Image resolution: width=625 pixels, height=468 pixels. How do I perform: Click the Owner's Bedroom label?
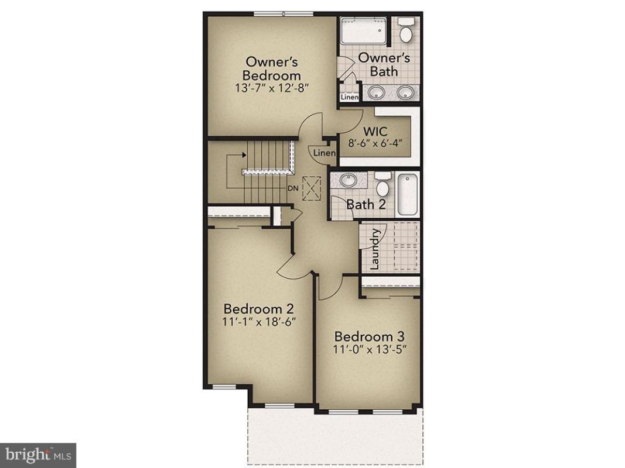pyautogui.click(x=272, y=68)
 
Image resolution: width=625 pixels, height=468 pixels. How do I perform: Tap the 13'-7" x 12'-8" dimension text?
pyautogui.click(x=272, y=88)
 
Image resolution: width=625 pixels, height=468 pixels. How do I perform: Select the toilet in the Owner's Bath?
pyautogui.click(x=406, y=30)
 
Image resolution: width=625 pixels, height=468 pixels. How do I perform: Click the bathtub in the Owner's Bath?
pyautogui.click(x=364, y=30)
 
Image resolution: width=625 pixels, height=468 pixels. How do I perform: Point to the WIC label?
pyautogui.click(x=375, y=131)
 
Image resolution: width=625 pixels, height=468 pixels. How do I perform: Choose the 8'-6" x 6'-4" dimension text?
pyautogui.click(x=375, y=143)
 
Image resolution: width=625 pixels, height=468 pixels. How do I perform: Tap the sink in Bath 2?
pyautogui.click(x=349, y=180)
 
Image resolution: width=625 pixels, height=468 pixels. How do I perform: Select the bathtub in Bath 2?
pyautogui.click(x=407, y=195)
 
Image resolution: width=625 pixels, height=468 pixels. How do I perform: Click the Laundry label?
pyautogui.click(x=375, y=249)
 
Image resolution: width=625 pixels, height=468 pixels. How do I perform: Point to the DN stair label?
pyautogui.click(x=293, y=188)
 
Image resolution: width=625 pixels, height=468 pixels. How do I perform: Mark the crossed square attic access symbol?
pyautogui.click(x=312, y=188)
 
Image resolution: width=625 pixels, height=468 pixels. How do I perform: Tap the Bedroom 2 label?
pyautogui.click(x=259, y=309)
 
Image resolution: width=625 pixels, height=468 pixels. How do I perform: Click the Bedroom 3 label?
pyautogui.click(x=370, y=337)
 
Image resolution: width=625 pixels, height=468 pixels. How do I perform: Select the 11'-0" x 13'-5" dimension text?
pyautogui.click(x=370, y=349)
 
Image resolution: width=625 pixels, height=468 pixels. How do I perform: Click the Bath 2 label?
pyautogui.click(x=366, y=205)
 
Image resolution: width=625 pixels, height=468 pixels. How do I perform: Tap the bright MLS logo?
pyautogui.click(x=38, y=455)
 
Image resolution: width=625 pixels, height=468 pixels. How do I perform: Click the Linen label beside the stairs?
pyautogui.click(x=325, y=153)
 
